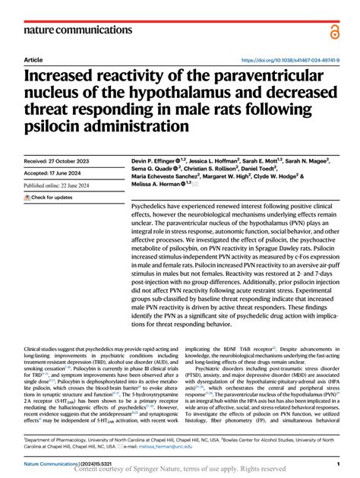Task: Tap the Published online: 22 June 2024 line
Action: click(65, 185)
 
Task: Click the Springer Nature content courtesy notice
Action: click(180, 470)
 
